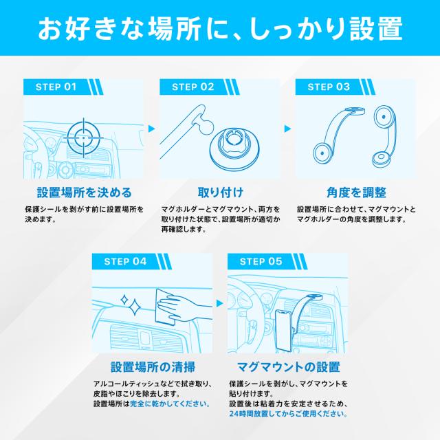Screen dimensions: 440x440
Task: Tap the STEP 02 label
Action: [x=193, y=87]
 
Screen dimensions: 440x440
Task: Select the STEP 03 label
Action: [x=329, y=87]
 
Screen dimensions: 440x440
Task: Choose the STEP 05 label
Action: [x=261, y=261]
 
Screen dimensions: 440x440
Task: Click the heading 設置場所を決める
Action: [x=84, y=192]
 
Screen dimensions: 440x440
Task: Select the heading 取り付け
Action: [x=220, y=192]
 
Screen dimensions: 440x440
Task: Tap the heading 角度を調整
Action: [x=355, y=192]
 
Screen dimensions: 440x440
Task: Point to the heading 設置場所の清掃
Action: [x=151, y=366]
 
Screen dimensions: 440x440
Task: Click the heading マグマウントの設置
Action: [x=287, y=366]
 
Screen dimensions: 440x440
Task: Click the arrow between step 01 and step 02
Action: [x=151, y=128]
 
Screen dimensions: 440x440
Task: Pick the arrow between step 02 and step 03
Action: [x=287, y=128]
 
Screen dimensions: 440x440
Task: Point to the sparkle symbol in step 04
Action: [x=129, y=301]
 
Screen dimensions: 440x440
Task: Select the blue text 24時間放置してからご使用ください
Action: [x=288, y=415]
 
